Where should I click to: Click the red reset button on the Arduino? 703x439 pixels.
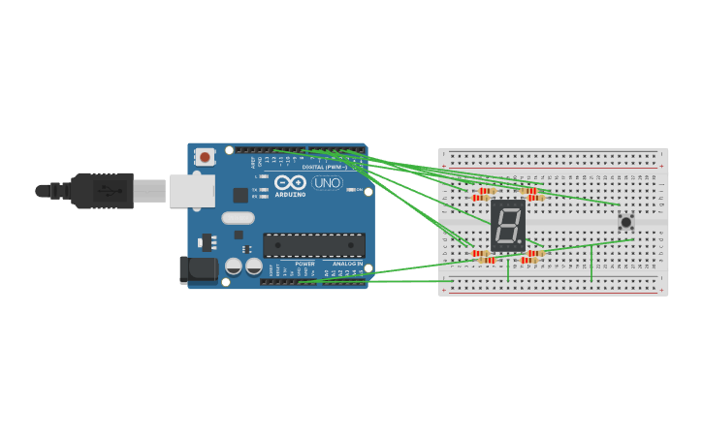(205, 156)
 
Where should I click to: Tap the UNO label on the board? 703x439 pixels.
(327, 182)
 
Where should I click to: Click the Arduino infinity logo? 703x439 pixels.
(290, 181)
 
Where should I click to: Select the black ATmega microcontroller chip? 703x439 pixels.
(313, 245)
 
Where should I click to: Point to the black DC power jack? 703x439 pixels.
(198, 269)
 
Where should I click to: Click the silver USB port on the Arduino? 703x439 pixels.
(192, 191)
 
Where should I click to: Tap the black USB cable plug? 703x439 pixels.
(103, 191)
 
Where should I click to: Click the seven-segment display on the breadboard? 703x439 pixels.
(507, 226)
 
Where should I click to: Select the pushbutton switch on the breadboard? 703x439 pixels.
(625, 222)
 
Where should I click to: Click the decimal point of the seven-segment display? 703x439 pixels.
(521, 242)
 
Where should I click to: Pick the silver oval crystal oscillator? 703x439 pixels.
(238, 218)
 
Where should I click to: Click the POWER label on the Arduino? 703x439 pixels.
(304, 264)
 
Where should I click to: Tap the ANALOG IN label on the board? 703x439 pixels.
(346, 264)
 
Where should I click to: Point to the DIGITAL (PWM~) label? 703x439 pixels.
(324, 167)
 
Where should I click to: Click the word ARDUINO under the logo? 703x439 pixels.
(290, 194)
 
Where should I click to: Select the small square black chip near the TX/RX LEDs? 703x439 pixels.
(240, 195)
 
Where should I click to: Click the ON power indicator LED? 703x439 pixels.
(354, 190)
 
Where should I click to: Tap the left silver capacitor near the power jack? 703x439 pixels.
(234, 266)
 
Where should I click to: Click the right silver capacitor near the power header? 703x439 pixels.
(253, 266)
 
